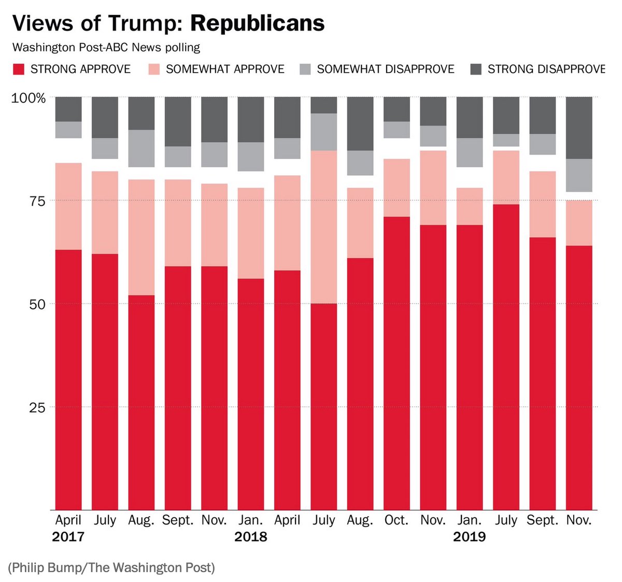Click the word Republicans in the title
[257, 23]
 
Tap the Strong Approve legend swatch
[19, 69]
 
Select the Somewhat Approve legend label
[225, 69]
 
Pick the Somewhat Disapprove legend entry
[385, 69]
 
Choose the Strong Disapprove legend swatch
[475, 69]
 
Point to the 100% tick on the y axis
[29, 98]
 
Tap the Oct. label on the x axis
[397, 520]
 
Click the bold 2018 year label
[250, 537]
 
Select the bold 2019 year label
[469, 537]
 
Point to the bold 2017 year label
[68, 537]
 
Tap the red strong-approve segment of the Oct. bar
[397, 363]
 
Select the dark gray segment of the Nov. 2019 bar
[579, 127]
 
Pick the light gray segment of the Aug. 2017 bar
[142, 148]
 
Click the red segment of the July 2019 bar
[506, 358]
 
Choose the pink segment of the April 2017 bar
[68, 206]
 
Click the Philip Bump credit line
[111, 567]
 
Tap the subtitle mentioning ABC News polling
[106, 48]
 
